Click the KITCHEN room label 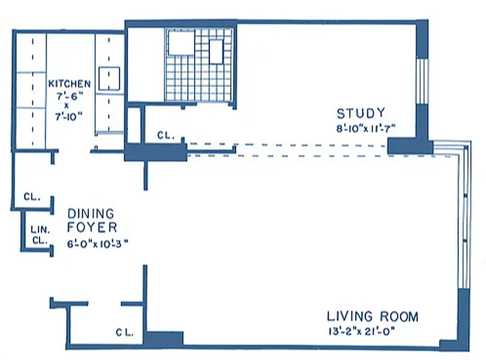[x=69, y=84]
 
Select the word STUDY [x=361, y=112]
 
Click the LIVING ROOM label [x=372, y=316]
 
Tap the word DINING [x=90, y=213]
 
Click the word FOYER [x=92, y=227]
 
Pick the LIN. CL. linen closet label [x=39, y=234]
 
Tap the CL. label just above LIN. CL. [x=32, y=197]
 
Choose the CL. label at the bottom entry [x=125, y=333]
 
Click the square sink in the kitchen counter [x=109, y=79]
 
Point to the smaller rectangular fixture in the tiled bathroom [x=216, y=51]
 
